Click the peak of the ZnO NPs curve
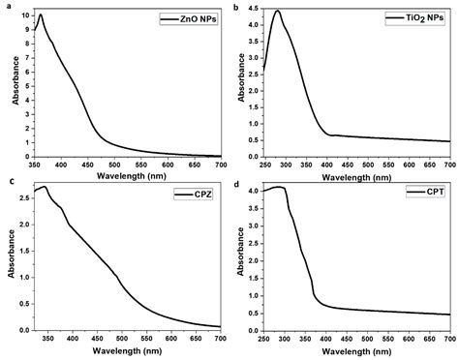pyautogui.click(x=40, y=15)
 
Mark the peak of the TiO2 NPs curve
pyautogui.click(x=277, y=12)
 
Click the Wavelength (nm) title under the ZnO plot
pyautogui.click(x=127, y=175)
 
